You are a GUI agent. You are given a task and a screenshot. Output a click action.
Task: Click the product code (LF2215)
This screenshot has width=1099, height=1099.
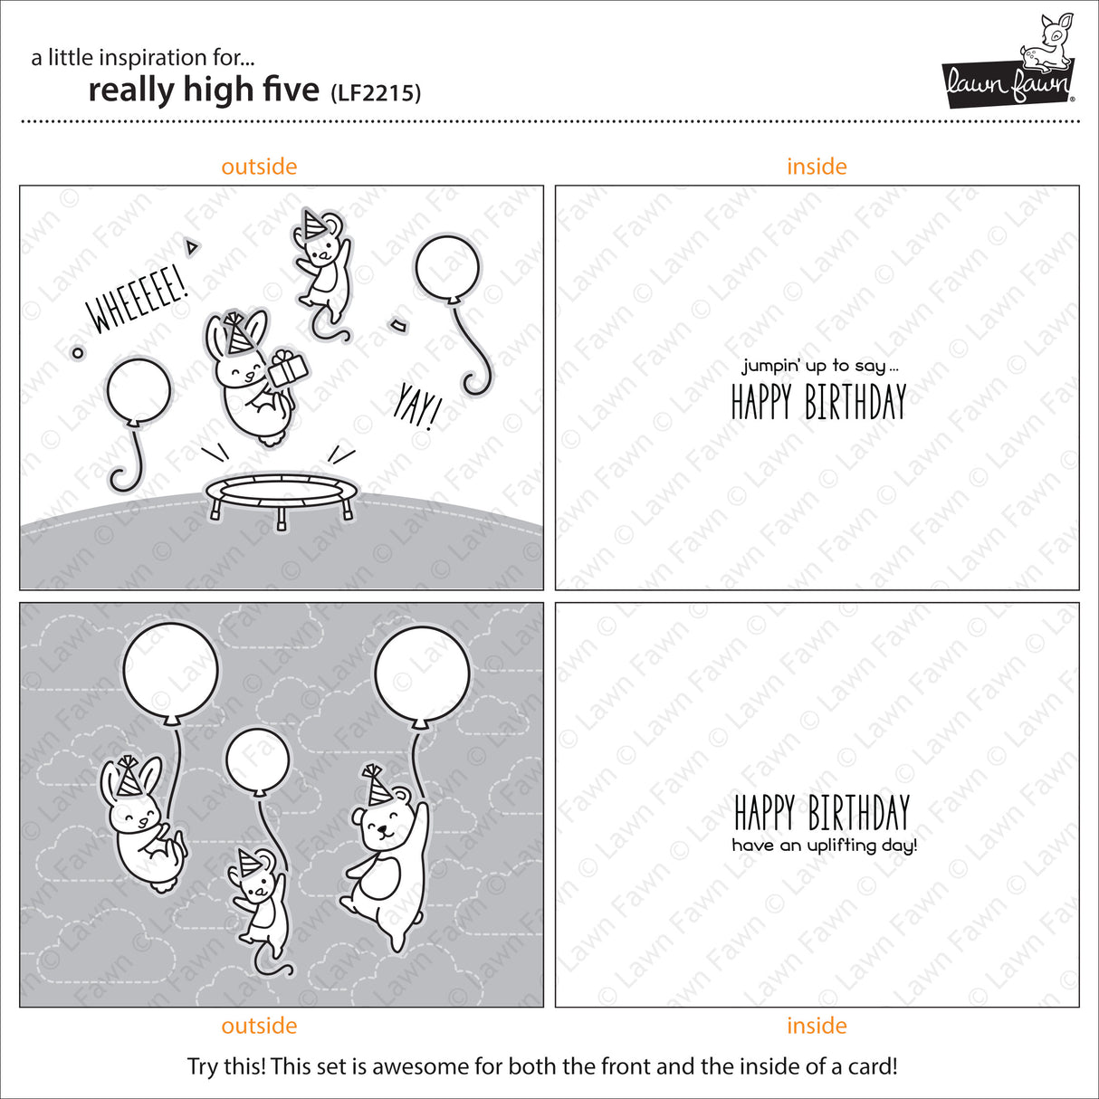pos(375,92)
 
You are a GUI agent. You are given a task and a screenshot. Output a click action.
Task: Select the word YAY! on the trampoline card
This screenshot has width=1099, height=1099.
pos(416,405)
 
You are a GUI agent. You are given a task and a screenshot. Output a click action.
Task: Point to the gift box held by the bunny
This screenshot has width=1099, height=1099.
pos(289,368)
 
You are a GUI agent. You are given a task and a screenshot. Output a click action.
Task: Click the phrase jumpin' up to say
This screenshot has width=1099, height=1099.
pos(820,366)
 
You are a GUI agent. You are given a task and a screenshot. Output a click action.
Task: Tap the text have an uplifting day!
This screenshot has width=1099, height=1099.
pos(824,846)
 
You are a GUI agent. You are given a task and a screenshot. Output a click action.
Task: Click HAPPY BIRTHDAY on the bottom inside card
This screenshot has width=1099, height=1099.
pos(821,812)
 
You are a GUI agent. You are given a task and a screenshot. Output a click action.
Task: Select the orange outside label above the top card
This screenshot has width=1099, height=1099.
pos(259,167)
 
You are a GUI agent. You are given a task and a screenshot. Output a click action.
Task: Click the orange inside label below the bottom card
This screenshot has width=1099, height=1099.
pos(817,1026)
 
